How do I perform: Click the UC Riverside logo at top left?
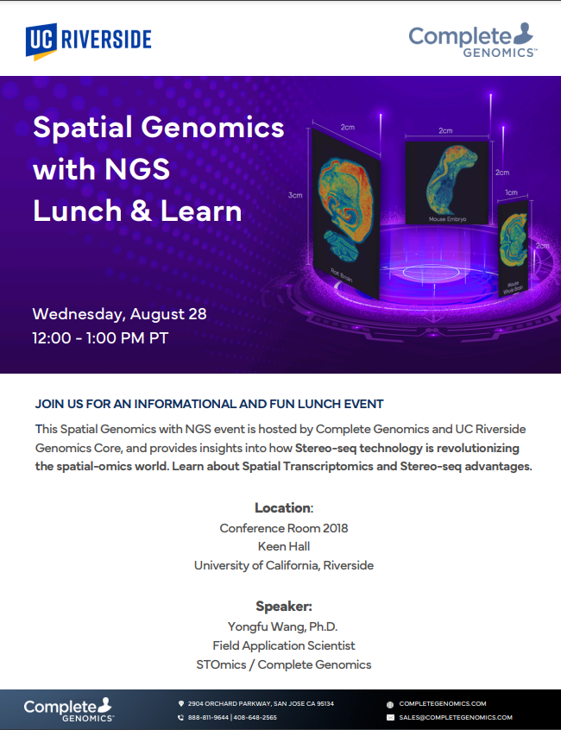[x=88, y=41]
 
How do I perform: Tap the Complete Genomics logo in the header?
[x=473, y=40]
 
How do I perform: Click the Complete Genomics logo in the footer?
[x=68, y=709]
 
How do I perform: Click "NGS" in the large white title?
[x=137, y=169]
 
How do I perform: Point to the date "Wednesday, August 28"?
[x=120, y=314]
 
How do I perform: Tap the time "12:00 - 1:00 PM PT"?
[x=100, y=338]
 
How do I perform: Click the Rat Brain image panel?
[x=346, y=214]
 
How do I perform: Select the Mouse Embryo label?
[x=447, y=219]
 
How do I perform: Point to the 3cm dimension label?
[x=295, y=195]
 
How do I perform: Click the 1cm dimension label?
[x=511, y=192]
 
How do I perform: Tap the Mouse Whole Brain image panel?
[x=514, y=249]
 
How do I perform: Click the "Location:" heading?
[x=284, y=508]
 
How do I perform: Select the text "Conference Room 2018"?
[x=284, y=528]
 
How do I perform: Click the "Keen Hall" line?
[x=284, y=546]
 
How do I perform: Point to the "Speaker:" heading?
[x=284, y=606]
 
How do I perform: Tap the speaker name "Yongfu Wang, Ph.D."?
[x=282, y=626]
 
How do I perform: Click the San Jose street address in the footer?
[x=261, y=703]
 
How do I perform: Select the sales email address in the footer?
[x=456, y=717]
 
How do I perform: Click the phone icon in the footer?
[x=181, y=717]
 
